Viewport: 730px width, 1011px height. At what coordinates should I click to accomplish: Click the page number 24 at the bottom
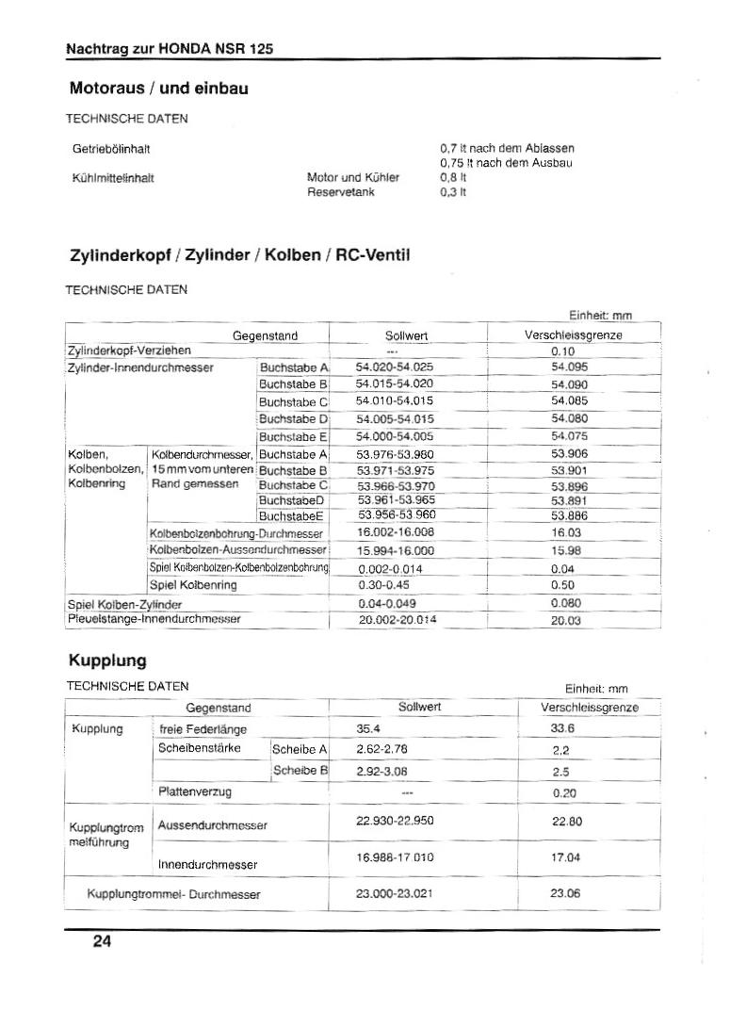click(x=102, y=941)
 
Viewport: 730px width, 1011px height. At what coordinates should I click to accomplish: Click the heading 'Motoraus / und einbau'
click(x=159, y=89)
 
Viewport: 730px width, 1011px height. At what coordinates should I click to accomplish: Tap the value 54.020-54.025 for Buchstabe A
click(x=395, y=367)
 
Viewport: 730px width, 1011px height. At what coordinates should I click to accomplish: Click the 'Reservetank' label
click(x=341, y=191)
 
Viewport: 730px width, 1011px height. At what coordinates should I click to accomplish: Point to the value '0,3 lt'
click(x=453, y=191)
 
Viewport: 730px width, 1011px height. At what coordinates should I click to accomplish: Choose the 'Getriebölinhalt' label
click(x=111, y=149)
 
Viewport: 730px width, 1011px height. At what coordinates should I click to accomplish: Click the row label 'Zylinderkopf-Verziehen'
click(x=129, y=351)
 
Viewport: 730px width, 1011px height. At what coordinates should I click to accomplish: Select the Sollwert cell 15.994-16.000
click(x=396, y=550)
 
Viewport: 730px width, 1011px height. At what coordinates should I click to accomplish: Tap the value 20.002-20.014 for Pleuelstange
click(x=398, y=620)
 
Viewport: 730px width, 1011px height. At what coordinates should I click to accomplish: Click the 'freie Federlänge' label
click(x=203, y=728)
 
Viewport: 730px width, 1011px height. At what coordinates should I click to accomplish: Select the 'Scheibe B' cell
click(x=300, y=771)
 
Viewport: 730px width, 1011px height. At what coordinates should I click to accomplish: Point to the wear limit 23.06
click(x=565, y=893)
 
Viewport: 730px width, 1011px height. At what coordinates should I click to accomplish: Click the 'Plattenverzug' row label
click(x=196, y=792)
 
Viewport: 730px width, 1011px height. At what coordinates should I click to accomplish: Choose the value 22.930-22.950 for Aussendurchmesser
click(x=396, y=821)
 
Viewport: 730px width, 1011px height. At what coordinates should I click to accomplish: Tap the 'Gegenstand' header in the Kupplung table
click(x=219, y=707)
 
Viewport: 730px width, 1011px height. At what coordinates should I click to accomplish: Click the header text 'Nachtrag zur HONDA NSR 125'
click(x=170, y=49)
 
